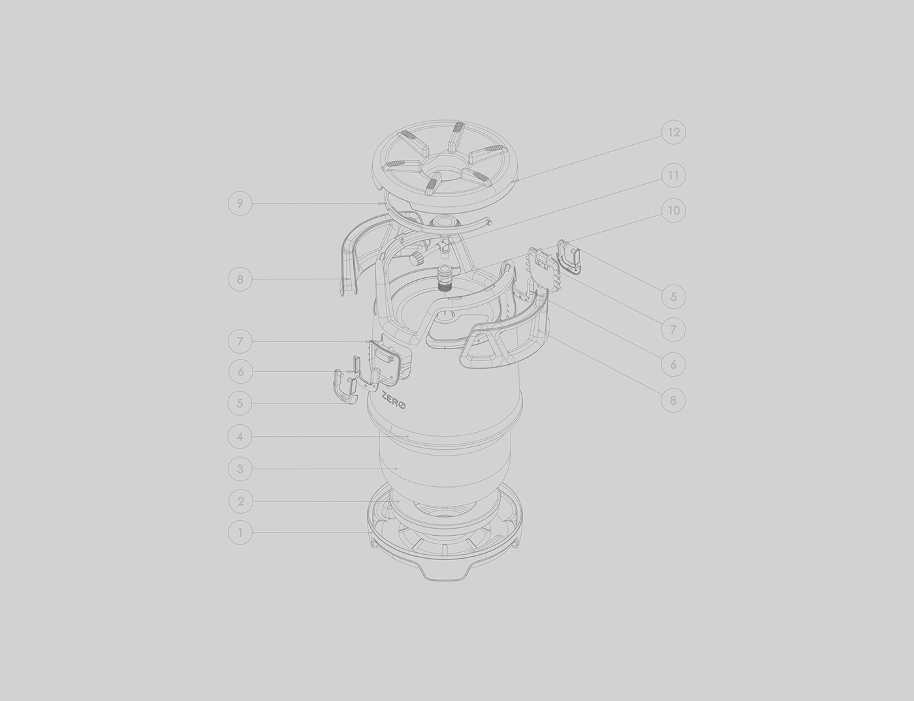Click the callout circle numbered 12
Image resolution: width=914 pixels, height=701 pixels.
pos(673,132)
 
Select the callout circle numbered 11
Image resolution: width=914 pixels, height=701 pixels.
pos(673,176)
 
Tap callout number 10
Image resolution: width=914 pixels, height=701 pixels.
pos(673,211)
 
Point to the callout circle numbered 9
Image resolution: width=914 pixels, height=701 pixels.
pos(240,204)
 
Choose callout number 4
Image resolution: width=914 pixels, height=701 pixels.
pos(240,436)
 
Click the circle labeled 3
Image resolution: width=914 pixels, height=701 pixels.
pos(240,469)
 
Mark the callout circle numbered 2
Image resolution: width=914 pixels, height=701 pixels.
pos(240,501)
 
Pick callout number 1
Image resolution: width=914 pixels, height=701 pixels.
pos(240,533)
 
